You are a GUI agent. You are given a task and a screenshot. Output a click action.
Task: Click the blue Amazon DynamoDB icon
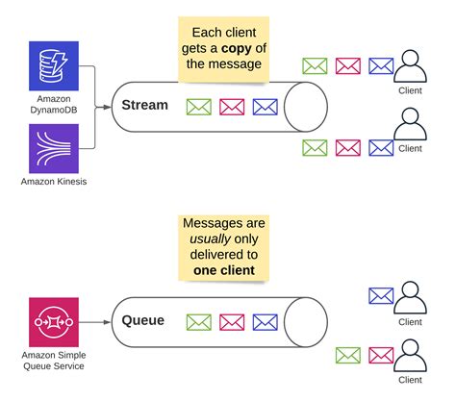click(54, 66)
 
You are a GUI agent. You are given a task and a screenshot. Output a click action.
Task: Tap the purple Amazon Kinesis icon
click(54, 149)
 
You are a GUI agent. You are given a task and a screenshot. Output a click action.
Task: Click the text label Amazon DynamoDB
click(54, 105)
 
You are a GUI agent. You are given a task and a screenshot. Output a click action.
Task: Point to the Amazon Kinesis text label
click(54, 183)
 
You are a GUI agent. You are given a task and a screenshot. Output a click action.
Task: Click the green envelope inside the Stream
click(199, 107)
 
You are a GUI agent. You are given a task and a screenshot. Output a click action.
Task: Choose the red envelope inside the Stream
click(232, 107)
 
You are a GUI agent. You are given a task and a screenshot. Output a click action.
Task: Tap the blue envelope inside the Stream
click(265, 107)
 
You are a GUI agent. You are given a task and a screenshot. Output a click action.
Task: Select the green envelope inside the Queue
click(199, 323)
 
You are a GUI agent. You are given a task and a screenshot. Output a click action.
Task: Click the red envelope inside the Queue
click(232, 323)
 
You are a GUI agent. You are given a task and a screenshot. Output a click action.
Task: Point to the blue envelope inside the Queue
click(265, 323)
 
